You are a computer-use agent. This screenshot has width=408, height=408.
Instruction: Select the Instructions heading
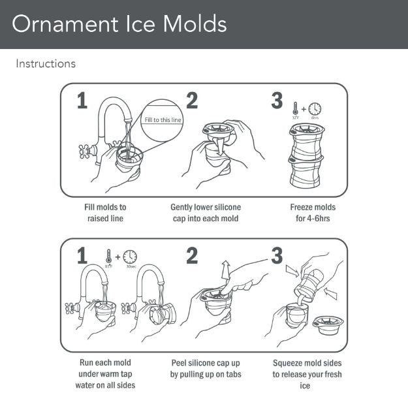pos(46,64)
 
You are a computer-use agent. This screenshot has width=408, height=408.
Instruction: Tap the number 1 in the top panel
pos(81,101)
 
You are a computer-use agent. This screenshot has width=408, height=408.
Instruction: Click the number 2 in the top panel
pos(191,101)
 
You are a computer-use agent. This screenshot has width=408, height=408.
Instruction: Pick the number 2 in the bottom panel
pos(191,256)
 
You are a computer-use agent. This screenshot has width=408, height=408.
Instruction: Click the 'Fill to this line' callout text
pos(163,119)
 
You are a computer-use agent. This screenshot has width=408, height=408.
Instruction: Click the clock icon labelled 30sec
pos(130,256)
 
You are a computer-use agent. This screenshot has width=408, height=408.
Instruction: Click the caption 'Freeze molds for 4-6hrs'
pos(313,212)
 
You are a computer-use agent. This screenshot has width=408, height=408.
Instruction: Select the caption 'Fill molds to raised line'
pos(105,212)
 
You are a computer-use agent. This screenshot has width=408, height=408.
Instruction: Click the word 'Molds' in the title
pos(194,24)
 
